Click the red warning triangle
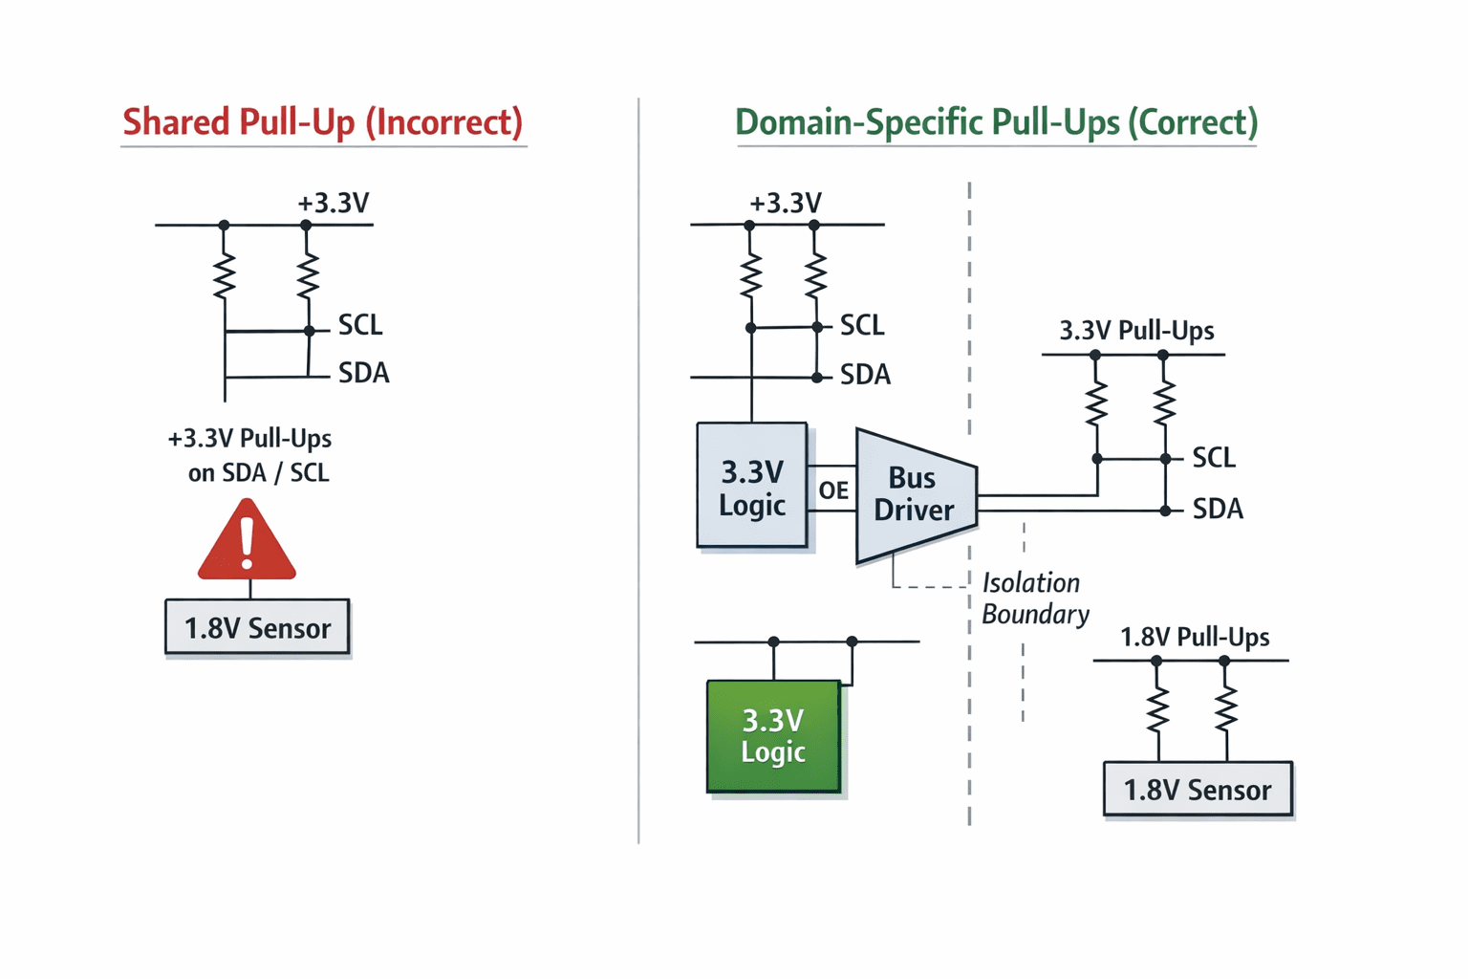[248, 541]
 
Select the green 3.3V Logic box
[773, 736]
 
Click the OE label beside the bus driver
[833, 489]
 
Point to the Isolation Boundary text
[1035, 598]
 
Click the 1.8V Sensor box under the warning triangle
[257, 626]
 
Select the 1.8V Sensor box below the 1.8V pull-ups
[1198, 789]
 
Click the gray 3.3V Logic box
[752, 485]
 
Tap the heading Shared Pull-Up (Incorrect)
[323, 122]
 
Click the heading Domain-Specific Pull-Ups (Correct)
[996, 122]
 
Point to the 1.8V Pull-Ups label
[1195, 637]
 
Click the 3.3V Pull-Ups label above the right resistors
[1136, 330]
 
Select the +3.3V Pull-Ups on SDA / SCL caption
[249, 455]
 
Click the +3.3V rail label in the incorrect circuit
[334, 203]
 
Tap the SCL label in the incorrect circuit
[359, 325]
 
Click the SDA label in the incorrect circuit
[364, 373]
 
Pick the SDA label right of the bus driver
[1218, 509]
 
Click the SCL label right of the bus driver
[1214, 457]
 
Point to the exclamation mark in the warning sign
[248, 542]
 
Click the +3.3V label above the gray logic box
[785, 203]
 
